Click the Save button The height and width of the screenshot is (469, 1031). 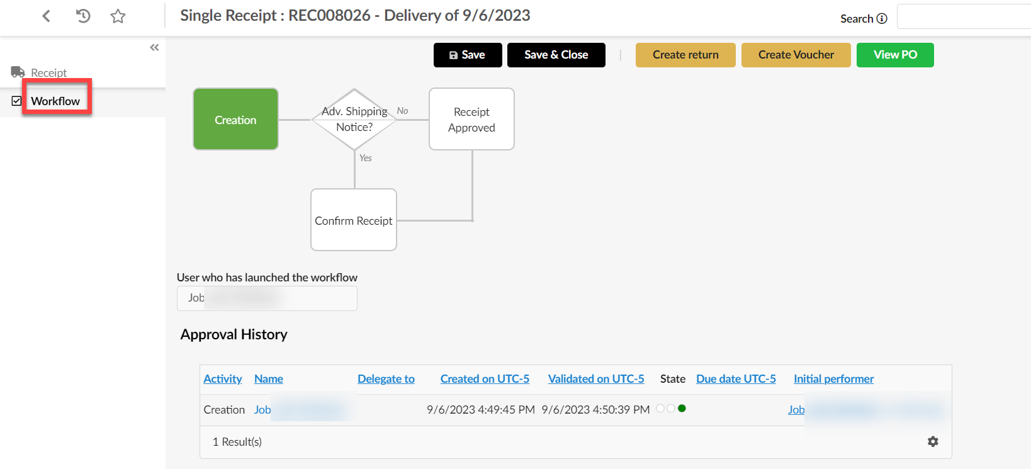pos(467,55)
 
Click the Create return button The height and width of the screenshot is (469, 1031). pos(685,55)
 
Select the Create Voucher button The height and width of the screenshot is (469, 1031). pos(796,55)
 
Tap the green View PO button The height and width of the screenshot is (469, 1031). pos(894,55)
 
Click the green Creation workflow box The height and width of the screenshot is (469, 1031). pos(235,120)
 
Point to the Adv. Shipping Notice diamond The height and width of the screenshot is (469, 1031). pos(354,119)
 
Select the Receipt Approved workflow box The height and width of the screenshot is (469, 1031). pos(471,120)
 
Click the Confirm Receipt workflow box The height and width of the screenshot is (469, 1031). pos(353,220)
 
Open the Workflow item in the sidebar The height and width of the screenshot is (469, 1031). pos(55,101)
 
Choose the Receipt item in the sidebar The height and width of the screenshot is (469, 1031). pos(48,72)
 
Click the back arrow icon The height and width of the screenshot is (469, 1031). pos(46,16)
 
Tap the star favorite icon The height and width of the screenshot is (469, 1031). pos(118,16)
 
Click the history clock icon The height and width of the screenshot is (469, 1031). pos(83,16)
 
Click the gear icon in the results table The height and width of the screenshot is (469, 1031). pos(933,441)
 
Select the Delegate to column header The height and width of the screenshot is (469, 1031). pos(386,378)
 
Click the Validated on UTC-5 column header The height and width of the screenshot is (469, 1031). pos(595,378)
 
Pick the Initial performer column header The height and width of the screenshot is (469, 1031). pos(833,378)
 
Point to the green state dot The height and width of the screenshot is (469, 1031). pos(682,409)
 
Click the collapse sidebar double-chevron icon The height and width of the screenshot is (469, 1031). pos(154,47)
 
